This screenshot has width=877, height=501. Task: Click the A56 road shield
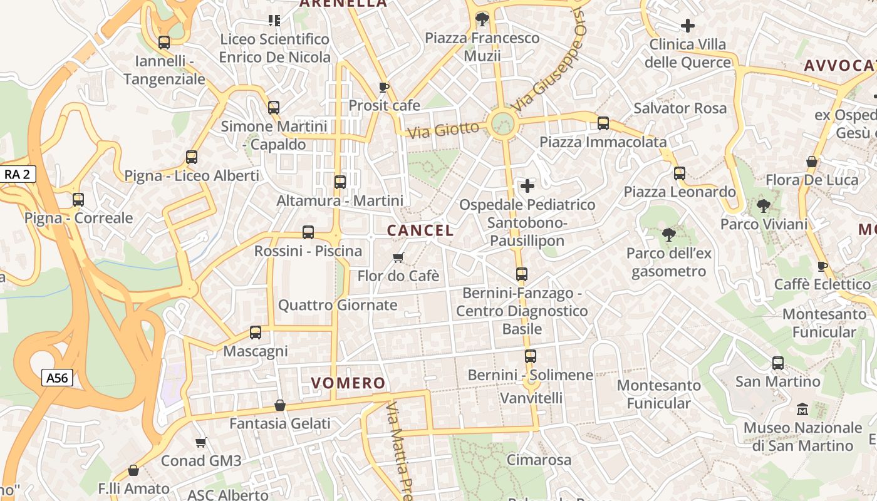[58, 378]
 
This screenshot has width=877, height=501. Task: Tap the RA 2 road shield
[17, 174]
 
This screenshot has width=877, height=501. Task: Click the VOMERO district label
[348, 383]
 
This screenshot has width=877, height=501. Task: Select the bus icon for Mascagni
[256, 333]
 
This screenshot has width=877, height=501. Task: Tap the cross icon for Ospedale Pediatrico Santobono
[527, 185]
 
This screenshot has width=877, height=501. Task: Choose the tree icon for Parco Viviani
[763, 205]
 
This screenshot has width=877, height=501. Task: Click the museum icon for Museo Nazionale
[802, 410]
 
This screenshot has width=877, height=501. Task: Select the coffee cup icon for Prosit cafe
[384, 87]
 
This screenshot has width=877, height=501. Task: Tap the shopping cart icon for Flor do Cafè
[398, 257]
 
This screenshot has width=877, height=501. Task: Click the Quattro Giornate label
[338, 305]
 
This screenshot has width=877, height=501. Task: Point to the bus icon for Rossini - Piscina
[308, 232]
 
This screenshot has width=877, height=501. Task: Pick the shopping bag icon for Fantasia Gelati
[280, 405]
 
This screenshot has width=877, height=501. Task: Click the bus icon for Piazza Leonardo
[680, 173]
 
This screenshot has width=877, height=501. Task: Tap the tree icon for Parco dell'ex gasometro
[668, 235]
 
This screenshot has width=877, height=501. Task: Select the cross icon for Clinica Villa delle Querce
[688, 26]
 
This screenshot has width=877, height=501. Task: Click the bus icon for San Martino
[778, 363]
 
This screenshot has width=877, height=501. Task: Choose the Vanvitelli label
[531, 398]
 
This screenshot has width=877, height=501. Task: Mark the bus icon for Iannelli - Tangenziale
[164, 43]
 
